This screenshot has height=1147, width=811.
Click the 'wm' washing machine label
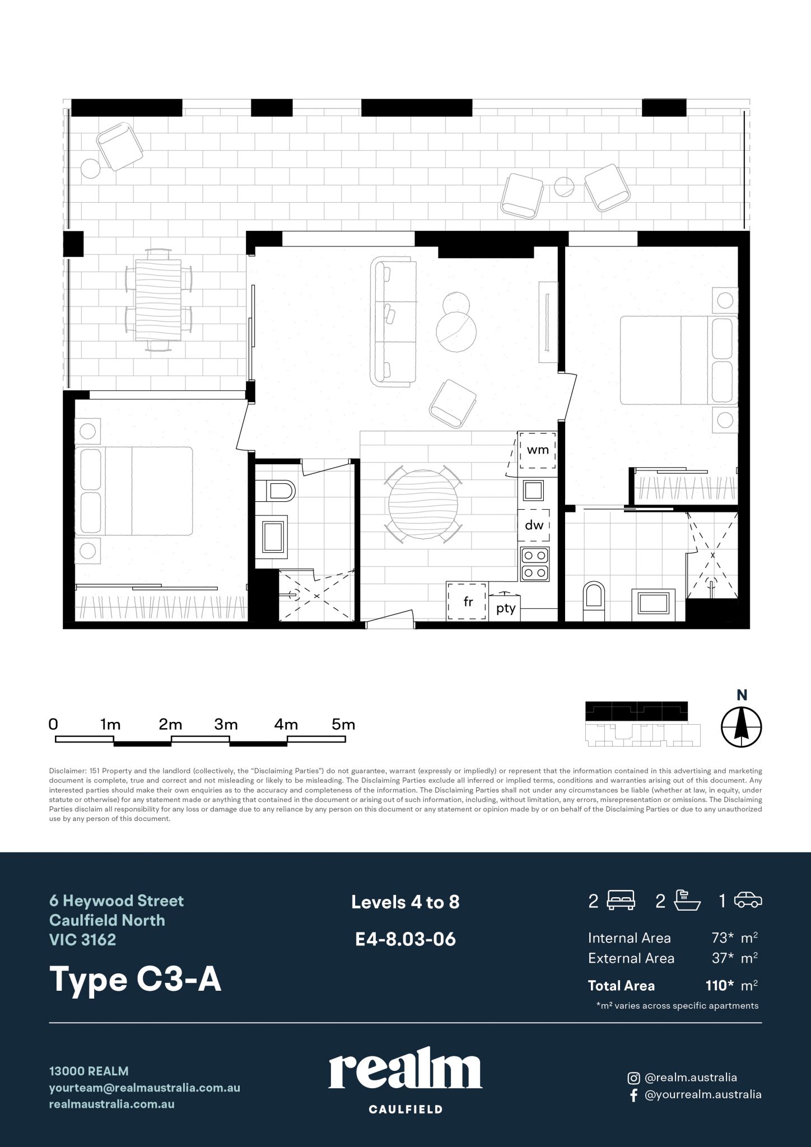click(538, 450)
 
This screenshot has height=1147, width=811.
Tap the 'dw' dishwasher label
click(534, 525)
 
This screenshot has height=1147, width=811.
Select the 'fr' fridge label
click(468, 602)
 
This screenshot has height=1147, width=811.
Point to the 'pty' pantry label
click(506, 609)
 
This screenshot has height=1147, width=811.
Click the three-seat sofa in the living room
click(394, 321)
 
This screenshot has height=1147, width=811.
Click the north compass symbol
click(741, 728)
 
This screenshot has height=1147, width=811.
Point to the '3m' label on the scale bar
click(226, 724)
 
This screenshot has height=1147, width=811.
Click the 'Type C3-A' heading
click(136, 979)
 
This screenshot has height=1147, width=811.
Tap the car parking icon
click(748, 901)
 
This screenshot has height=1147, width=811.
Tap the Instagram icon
click(633, 1077)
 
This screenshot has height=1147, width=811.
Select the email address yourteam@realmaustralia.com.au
click(145, 1087)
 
